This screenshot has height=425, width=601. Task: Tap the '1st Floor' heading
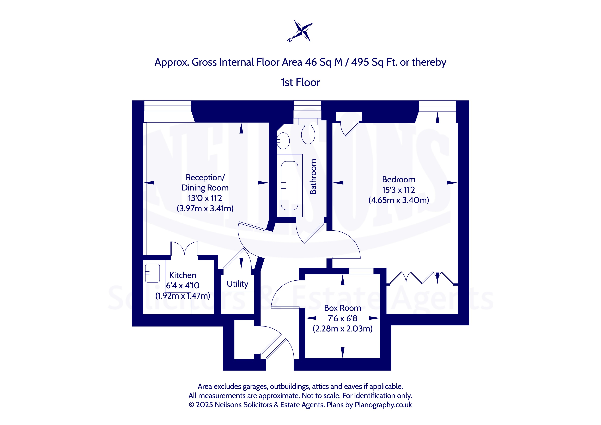click(x=300, y=82)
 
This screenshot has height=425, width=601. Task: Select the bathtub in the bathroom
click(x=289, y=186)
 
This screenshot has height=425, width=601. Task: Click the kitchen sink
click(x=152, y=273)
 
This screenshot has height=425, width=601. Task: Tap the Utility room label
click(x=237, y=284)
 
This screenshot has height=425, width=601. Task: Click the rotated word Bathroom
click(x=313, y=177)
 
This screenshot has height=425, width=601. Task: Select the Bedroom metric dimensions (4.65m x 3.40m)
click(x=399, y=200)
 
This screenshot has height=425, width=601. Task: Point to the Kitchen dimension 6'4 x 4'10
click(x=183, y=286)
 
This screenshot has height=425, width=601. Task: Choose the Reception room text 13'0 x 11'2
click(x=205, y=198)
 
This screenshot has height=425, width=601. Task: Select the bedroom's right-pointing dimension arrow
click(x=452, y=183)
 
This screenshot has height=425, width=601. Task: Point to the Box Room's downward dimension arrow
click(x=343, y=353)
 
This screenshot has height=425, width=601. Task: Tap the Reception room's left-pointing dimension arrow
click(x=149, y=183)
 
